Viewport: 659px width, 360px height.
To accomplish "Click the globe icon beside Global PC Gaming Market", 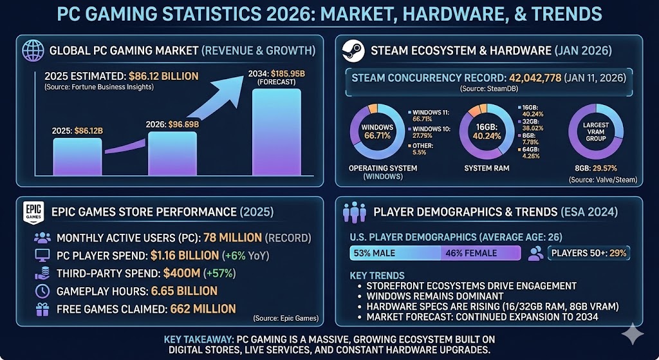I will point(33,51).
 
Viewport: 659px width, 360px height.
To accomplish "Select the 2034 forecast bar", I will point(277,132).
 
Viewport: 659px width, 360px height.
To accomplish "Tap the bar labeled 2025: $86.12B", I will point(77,156).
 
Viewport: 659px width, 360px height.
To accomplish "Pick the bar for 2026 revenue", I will point(172,153).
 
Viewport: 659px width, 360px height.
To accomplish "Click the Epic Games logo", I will point(33,212).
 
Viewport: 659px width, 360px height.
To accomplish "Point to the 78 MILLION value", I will point(231,238).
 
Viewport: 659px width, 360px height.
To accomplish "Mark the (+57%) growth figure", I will point(219,273).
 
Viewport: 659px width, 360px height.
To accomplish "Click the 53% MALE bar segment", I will point(394,253).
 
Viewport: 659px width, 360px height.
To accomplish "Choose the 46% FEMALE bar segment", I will point(480,253).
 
